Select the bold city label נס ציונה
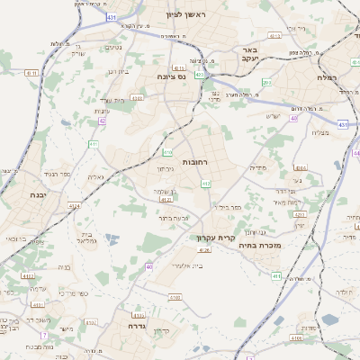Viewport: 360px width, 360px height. (x=170, y=76)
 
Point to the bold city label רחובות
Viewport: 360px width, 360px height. (x=196, y=162)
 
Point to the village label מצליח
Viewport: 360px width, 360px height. (x=319, y=133)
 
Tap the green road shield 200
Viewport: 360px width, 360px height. (x=266, y=83)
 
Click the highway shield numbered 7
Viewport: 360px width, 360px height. (x=43, y=335)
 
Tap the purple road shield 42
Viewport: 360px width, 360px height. (x=103, y=121)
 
